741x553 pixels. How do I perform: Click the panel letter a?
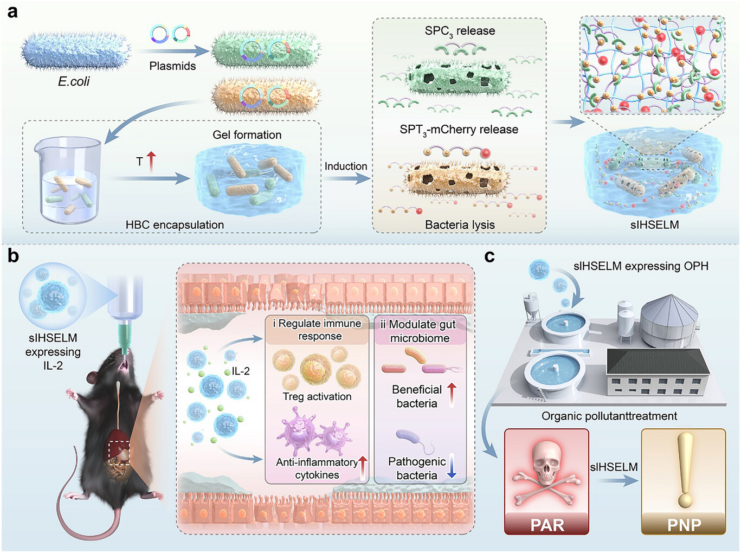(12, 11)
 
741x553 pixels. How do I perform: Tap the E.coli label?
(74, 81)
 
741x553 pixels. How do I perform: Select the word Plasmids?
(172, 66)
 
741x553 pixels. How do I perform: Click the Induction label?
(346, 166)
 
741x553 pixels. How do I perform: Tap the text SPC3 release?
(460, 31)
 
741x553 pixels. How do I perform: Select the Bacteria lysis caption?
(460, 224)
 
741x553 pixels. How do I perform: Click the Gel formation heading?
(247, 135)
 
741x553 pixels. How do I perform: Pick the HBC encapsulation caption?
(175, 224)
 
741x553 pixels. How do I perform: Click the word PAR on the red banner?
(547, 525)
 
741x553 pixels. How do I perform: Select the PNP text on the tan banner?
(684, 525)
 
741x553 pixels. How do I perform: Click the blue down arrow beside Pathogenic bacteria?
(451, 466)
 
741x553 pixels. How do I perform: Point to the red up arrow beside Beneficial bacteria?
(452, 394)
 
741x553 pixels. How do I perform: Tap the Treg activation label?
(317, 396)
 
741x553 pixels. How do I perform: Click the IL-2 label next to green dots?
(240, 371)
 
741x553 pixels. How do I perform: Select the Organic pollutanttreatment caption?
(609, 416)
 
